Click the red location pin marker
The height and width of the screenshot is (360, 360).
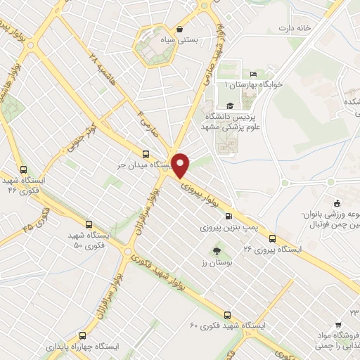pyautogui.click(x=181, y=165)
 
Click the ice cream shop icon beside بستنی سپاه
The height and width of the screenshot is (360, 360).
pyautogui.click(x=181, y=29)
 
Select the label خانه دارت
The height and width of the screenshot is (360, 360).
pyautogui.click(x=294, y=28)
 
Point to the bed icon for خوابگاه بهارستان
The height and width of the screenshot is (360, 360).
pyautogui.click(x=254, y=75)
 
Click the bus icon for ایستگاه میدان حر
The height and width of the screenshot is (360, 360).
pyautogui.click(x=146, y=154)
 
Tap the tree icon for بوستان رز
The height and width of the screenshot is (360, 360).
pyautogui.click(x=216, y=250)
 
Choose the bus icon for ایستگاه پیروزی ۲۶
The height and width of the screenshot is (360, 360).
pyautogui.click(x=272, y=238)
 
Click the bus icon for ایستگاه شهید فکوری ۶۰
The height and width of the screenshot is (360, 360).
pyautogui.click(x=227, y=314)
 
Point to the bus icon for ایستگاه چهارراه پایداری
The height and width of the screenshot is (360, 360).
pyautogui.click(x=83, y=335)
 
